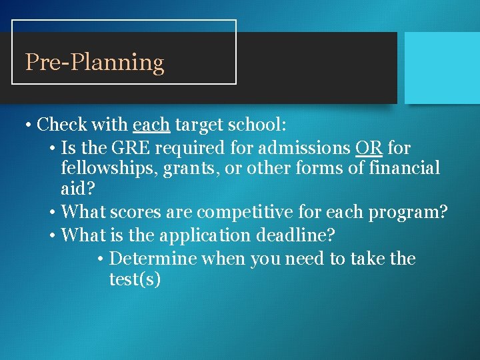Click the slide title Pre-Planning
click(94, 63)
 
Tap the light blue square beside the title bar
click(442, 67)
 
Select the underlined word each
click(151, 125)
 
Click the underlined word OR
click(369, 147)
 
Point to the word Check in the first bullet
click(62, 125)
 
